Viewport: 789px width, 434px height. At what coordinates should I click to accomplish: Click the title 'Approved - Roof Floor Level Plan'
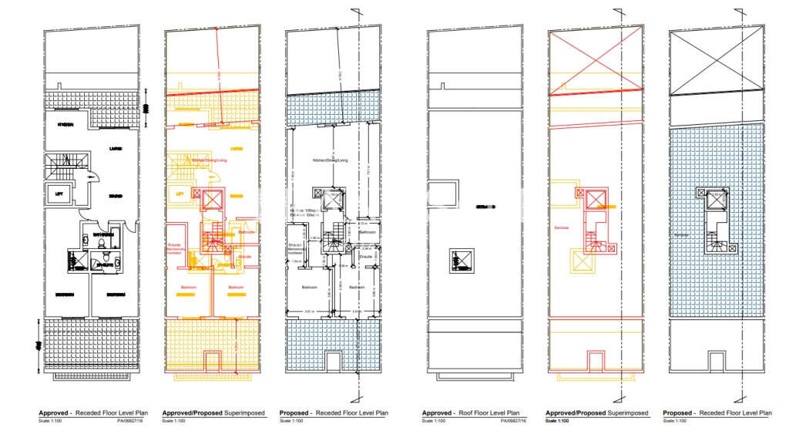470,413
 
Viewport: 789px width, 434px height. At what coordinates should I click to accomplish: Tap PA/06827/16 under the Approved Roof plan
514,422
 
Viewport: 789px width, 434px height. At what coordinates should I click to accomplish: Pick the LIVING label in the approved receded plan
114,149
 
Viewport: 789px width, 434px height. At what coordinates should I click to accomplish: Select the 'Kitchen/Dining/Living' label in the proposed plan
330,160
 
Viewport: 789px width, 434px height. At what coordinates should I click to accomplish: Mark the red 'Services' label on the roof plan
561,228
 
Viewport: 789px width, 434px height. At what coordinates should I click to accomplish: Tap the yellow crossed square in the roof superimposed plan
582,261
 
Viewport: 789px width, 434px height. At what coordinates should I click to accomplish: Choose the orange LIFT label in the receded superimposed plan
182,194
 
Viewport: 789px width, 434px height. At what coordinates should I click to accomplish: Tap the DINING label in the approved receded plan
116,196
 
